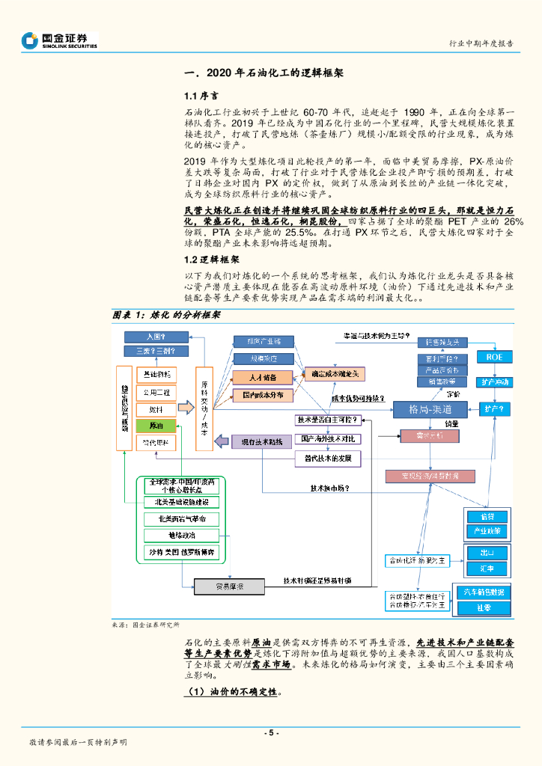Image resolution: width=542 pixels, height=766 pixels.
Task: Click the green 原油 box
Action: point(156,426)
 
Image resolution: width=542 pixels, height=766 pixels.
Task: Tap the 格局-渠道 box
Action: point(430,409)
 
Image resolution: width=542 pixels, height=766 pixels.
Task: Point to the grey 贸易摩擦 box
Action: point(230,585)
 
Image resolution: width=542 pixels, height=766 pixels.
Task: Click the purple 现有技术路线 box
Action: point(257,442)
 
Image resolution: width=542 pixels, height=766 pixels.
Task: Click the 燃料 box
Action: point(156,409)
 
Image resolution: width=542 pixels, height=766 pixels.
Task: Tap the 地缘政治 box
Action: point(182,536)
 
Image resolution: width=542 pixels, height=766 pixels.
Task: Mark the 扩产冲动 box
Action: point(495,382)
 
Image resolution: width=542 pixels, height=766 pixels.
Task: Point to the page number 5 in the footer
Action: point(272,732)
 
